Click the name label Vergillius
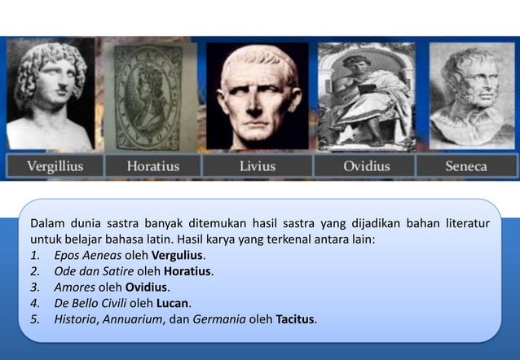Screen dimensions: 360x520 click(x=55, y=166)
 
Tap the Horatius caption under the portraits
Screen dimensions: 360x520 click(x=153, y=166)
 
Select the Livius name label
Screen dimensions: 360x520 click(x=257, y=166)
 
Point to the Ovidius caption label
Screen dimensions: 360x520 click(x=366, y=166)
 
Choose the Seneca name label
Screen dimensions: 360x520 click(x=465, y=166)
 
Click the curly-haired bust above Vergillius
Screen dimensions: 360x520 click(x=48, y=94)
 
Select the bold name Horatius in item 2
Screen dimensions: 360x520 click(x=187, y=271)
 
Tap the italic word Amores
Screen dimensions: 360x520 click(x=73, y=287)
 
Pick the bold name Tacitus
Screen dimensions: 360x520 click(x=295, y=318)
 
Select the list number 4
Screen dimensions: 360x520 click(x=34, y=302)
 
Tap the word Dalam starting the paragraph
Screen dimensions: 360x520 click(x=46, y=222)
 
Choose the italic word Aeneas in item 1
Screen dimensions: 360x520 click(x=101, y=256)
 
